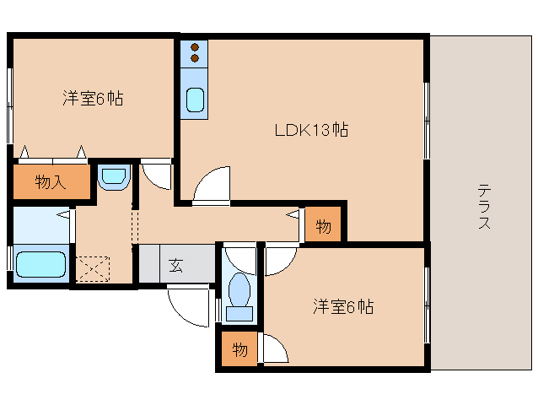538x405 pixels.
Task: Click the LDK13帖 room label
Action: pyautogui.click(x=311, y=131)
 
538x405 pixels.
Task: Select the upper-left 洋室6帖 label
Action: pyautogui.click(x=92, y=98)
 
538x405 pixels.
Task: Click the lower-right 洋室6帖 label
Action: pyautogui.click(x=342, y=306)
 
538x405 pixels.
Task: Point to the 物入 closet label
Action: pyautogui.click(x=50, y=181)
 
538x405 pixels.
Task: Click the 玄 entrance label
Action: pyautogui.click(x=175, y=266)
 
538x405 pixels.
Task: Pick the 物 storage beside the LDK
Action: pyautogui.click(x=323, y=225)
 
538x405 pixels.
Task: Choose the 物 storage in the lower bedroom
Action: pyautogui.click(x=239, y=349)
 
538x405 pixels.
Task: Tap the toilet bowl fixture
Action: pyautogui.click(x=239, y=294)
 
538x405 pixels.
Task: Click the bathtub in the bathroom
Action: pyautogui.click(x=40, y=264)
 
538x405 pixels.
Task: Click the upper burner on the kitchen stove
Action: pyautogui.click(x=195, y=48)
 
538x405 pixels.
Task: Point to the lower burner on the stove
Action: pyautogui.click(x=195, y=59)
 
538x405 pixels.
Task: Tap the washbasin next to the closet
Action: pyautogui.click(x=112, y=177)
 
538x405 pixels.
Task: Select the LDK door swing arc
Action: pyautogui.click(x=211, y=184)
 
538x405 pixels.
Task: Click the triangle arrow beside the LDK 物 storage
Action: pyautogui.click(x=293, y=216)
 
